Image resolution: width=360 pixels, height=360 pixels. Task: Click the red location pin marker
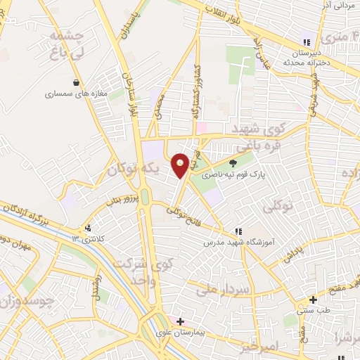pos(181,165)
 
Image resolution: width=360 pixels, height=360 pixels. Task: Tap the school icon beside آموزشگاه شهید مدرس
pos(238,231)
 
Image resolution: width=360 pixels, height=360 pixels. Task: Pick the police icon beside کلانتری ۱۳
pos(88,228)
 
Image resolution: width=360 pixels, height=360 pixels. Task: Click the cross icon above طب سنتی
pos(314,298)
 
